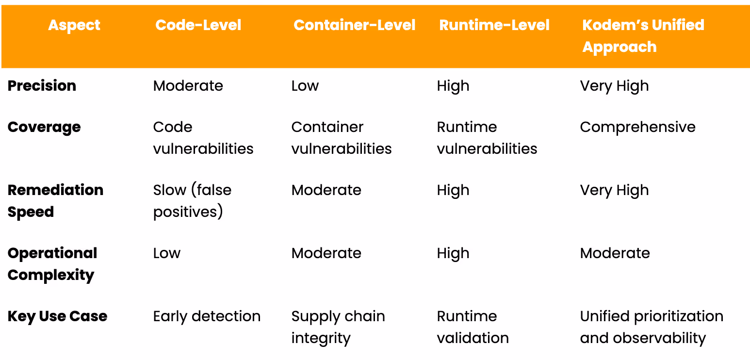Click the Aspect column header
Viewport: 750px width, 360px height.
click(x=74, y=25)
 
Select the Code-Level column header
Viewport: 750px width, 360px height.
click(x=198, y=25)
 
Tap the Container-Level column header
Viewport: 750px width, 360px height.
click(x=354, y=25)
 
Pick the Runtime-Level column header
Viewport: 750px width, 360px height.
click(x=494, y=25)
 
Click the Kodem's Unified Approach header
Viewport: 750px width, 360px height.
click(x=643, y=36)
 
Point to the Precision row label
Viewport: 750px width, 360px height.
click(x=42, y=86)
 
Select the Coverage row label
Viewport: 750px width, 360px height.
click(x=44, y=127)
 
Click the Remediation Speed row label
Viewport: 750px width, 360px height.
click(x=56, y=201)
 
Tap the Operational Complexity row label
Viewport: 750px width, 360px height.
click(x=52, y=264)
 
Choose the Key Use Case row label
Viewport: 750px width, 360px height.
click(x=57, y=316)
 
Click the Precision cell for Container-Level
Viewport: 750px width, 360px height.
click(x=305, y=86)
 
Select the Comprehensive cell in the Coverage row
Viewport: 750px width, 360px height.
click(x=637, y=128)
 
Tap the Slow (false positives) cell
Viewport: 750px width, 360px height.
click(x=192, y=201)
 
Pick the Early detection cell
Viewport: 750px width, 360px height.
click(x=207, y=316)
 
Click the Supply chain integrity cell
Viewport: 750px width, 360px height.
click(x=338, y=327)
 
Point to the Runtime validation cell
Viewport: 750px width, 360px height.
click(x=473, y=327)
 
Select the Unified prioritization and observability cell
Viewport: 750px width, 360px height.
click(x=652, y=327)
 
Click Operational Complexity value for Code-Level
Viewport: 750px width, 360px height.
click(x=167, y=254)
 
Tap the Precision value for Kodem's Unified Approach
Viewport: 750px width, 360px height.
click(x=614, y=86)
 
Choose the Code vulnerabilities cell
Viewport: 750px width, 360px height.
click(x=203, y=138)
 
